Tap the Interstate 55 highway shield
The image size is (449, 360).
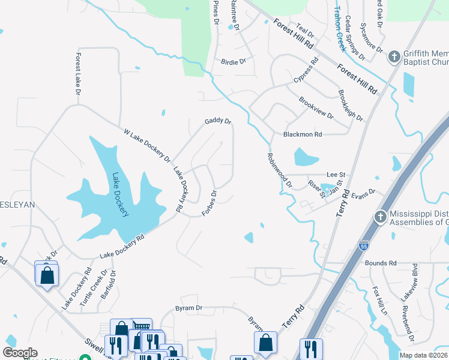tap(363, 246)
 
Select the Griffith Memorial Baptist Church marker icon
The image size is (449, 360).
tap(394, 57)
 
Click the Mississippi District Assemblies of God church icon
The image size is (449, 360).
tap(379, 217)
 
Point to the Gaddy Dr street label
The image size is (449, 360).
tap(217, 121)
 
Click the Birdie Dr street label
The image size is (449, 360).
tap(234, 61)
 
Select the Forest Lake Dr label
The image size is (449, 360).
tap(77, 74)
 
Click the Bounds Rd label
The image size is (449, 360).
tap(381, 263)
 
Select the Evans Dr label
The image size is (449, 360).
tap(363, 193)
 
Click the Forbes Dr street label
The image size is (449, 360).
tap(209, 204)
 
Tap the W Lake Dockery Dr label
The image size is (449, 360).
tap(147, 145)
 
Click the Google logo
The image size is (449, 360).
tap(20, 353)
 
